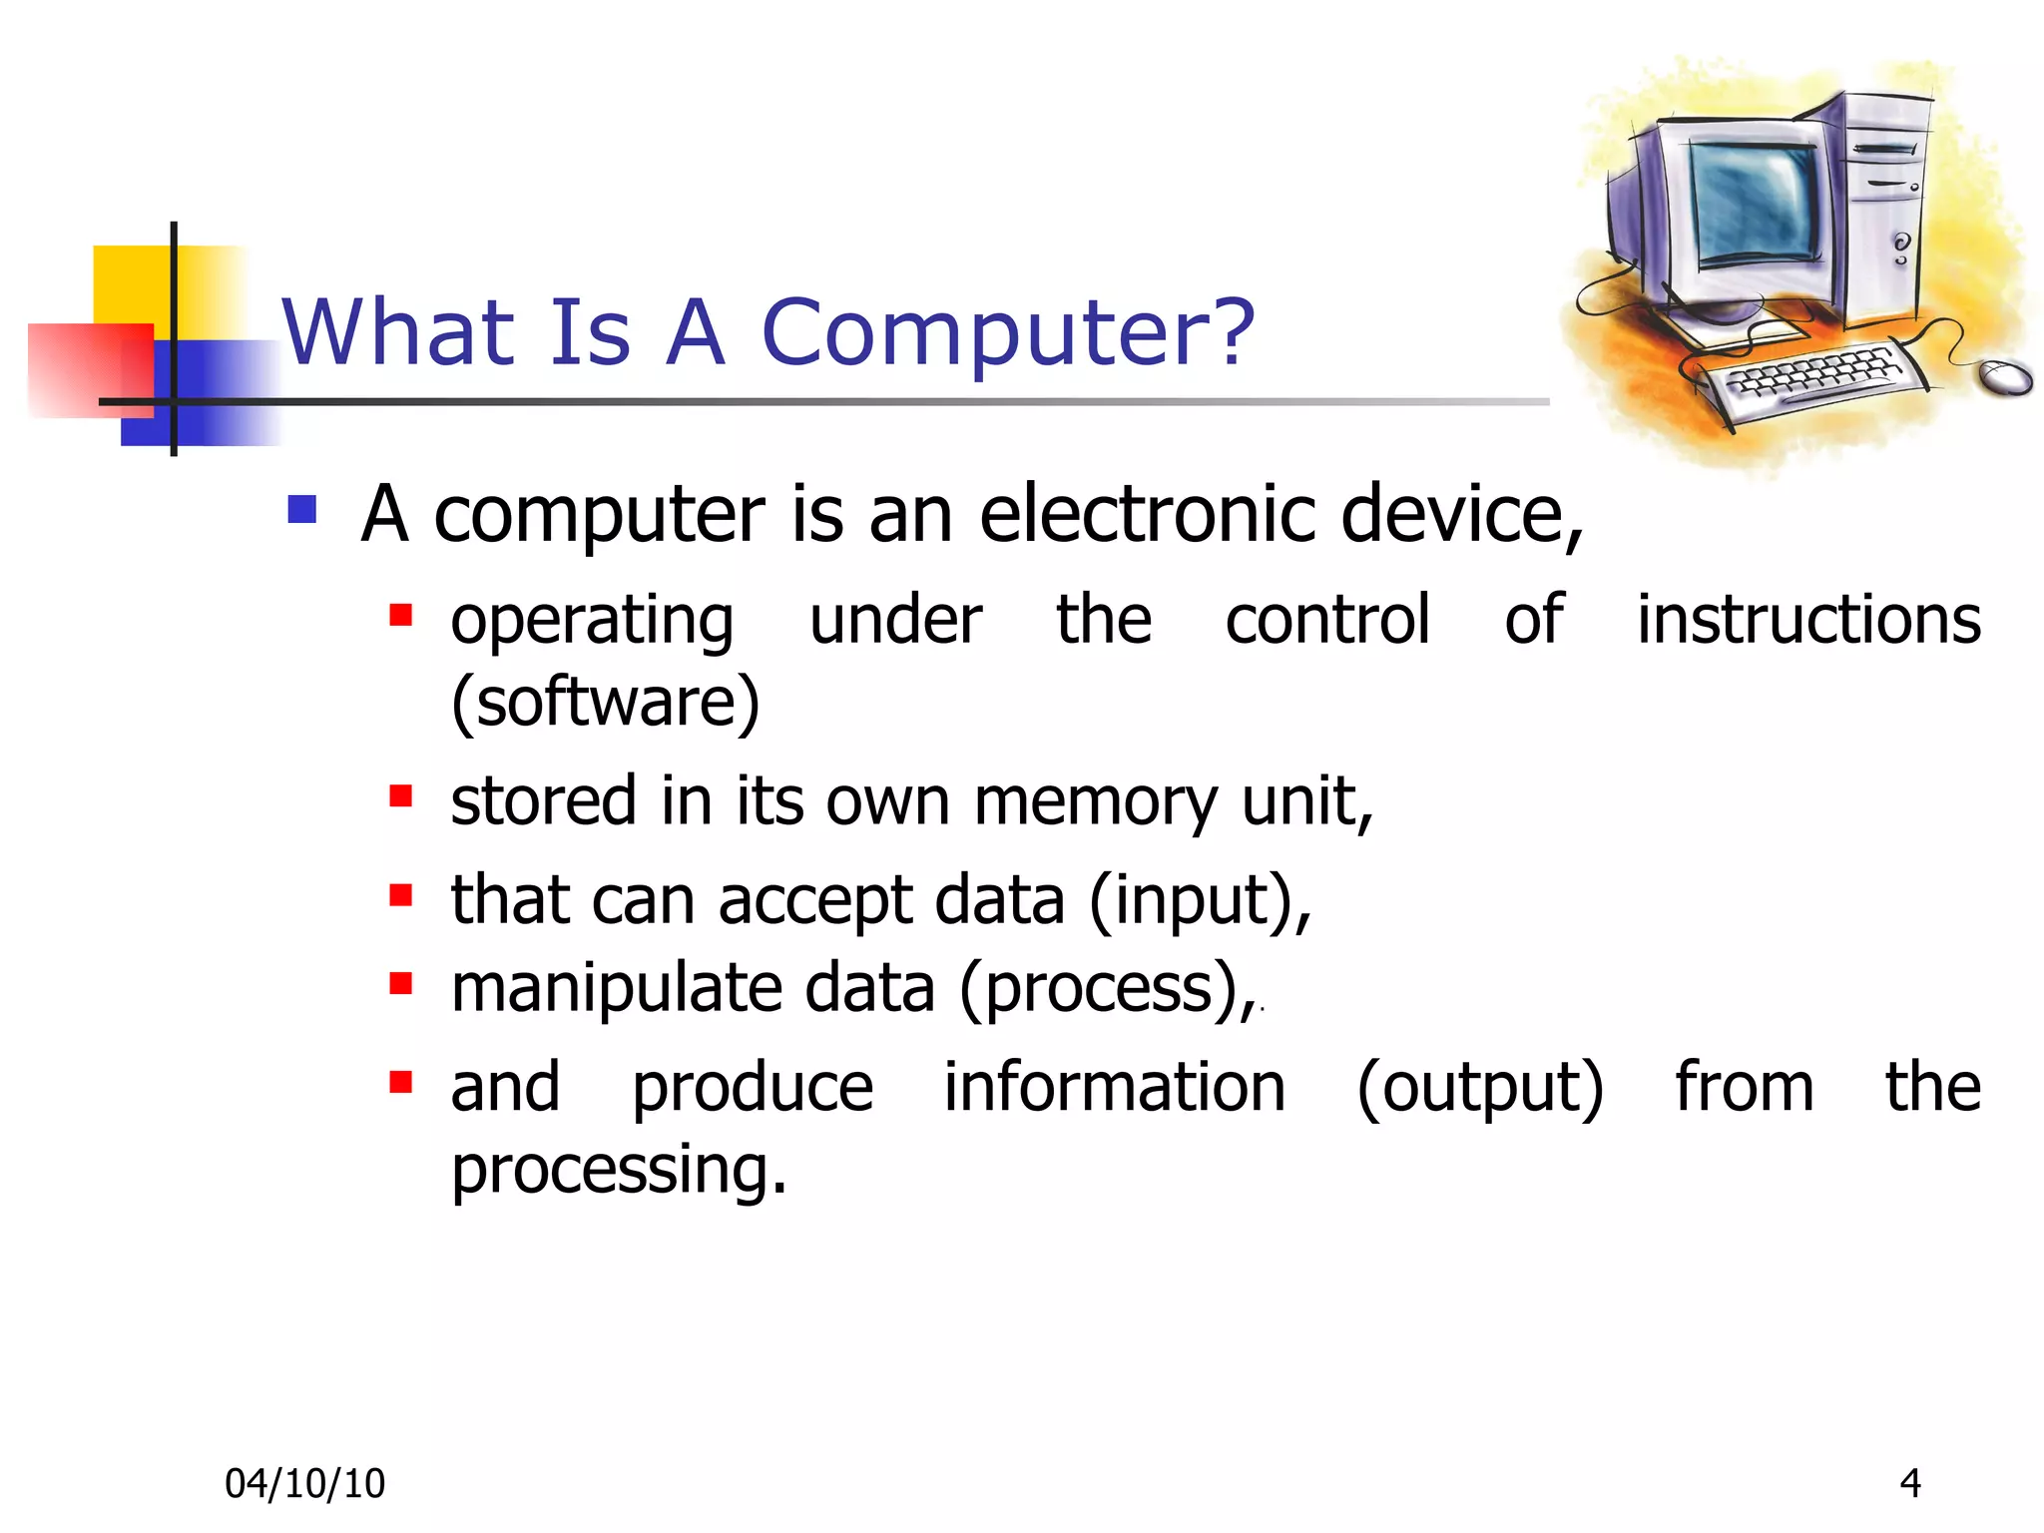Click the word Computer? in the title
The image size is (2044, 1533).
point(1008,334)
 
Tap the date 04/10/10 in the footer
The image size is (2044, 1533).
point(304,1484)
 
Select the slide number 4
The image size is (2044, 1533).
point(1910,1483)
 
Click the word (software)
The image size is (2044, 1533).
point(605,703)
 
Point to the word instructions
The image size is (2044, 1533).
point(1808,620)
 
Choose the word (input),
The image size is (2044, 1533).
point(1200,900)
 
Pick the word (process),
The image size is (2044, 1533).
point(1108,989)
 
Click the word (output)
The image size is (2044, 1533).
point(1480,1088)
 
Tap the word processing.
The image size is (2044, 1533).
point(619,1170)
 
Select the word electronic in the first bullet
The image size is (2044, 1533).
point(1148,514)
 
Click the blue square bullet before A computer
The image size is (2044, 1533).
point(301,510)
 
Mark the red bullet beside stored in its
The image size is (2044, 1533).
point(401,795)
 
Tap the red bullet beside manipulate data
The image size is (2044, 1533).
point(401,984)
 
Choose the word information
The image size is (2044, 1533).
point(1115,1088)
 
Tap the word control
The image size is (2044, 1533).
point(1327,620)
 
